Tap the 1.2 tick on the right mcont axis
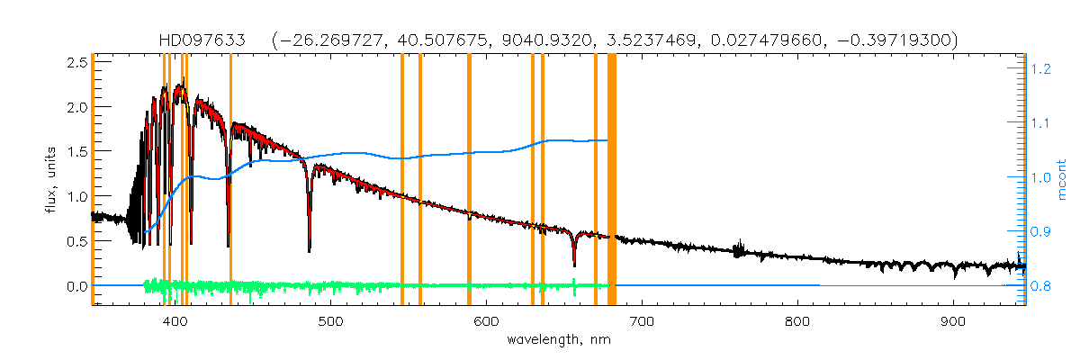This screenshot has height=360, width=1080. click(1041, 68)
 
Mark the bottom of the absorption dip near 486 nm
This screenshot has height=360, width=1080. click(310, 250)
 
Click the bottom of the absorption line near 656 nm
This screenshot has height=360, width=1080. click(574, 265)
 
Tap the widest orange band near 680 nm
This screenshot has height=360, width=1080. click(612, 180)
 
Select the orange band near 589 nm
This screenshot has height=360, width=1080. click(469, 180)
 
